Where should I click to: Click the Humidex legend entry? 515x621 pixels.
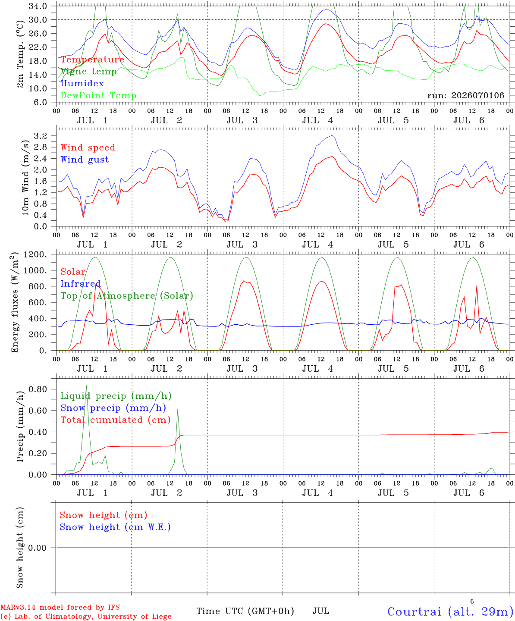(x=82, y=83)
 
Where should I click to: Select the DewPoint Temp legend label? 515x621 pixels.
(x=98, y=95)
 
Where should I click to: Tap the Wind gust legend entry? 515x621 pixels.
(x=85, y=160)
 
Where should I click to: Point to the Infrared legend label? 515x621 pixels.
(x=81, y=283)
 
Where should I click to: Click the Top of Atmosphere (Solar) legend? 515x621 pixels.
(x=127, y=296)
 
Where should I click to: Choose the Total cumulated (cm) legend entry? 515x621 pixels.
(x=116, y=420)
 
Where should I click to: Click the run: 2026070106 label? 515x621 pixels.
(x=466, y=95)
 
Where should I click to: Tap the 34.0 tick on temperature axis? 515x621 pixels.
(x=38, y=6)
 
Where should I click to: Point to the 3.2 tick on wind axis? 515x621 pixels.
(x=41, y=136)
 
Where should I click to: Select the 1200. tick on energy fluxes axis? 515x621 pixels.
(x=35, y=254)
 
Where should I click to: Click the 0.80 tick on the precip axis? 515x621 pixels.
(x=38, y=389)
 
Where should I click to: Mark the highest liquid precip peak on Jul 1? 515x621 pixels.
(x=86, y=385)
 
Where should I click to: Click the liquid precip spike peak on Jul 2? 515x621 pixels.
(x=178, y=410)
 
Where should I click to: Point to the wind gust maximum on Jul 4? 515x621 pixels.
(x=332, y=135)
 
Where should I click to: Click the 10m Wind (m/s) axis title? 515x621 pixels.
(x=25, y=177)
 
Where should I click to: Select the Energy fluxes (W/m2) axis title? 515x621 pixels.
(x=15, y=302)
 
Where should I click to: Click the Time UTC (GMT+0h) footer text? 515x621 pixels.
(x=245, y=611)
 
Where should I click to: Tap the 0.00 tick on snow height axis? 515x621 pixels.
(x=38, y=548)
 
